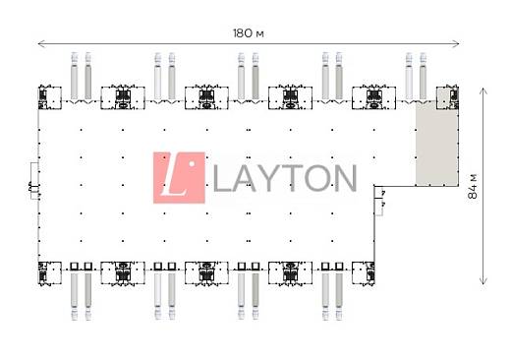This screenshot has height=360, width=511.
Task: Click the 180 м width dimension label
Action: pos(249,33)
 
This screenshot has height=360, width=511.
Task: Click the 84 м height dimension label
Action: pos(473,186)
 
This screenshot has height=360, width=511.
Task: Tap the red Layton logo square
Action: pos(179,178)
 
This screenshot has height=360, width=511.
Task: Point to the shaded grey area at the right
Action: pos(437,143)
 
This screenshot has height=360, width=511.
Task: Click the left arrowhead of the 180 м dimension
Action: pos(40,43)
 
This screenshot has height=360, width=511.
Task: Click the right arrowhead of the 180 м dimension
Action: pos(457,43)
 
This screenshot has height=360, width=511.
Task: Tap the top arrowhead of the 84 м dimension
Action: pos(483,90)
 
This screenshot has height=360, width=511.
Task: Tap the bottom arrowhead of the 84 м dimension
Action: pos(483,281)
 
